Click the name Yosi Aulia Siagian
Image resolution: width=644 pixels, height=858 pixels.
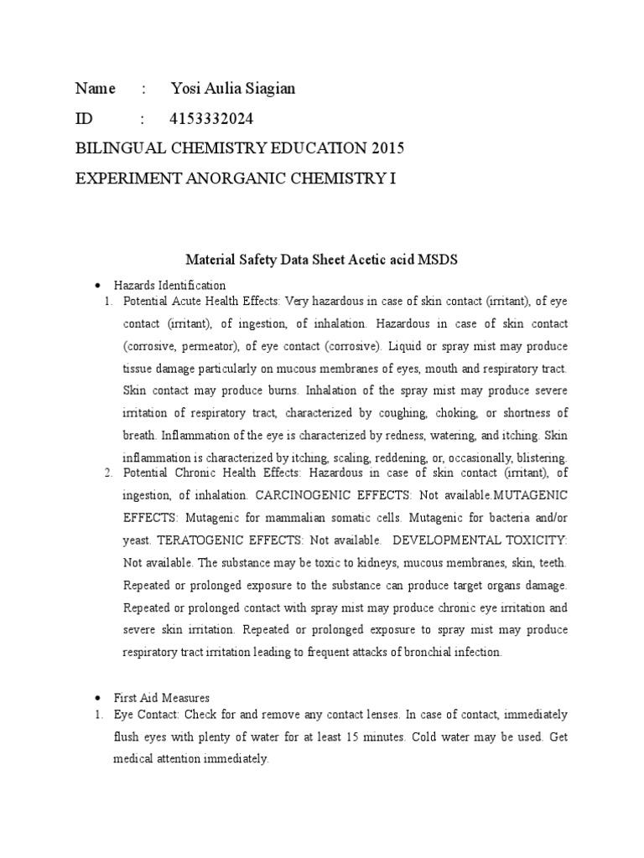click(232, 89)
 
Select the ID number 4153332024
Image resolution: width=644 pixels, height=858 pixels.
click(211, 119)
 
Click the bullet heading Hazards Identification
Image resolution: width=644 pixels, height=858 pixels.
click(169, 285)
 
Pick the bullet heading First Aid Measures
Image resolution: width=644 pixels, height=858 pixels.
click(162, 697)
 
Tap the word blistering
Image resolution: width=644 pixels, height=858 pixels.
click(539, 458)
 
